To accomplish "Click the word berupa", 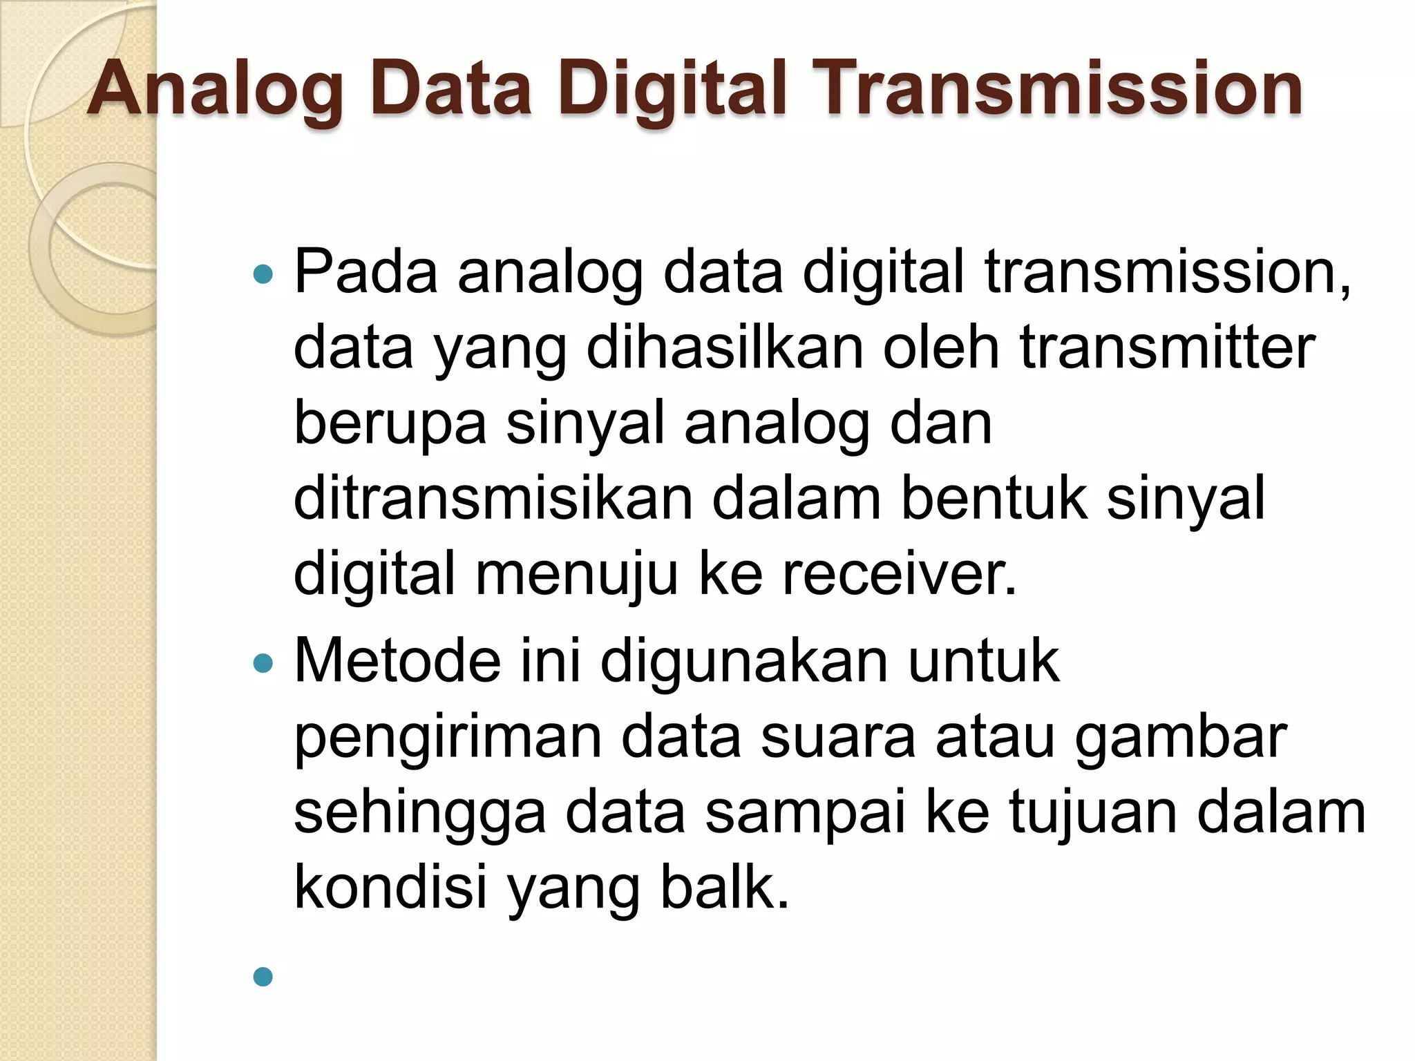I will pos(390,424).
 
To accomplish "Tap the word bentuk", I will pos(994,498).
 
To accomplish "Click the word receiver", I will pos(899,574).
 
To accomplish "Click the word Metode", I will pos(397,661).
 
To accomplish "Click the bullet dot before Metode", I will pos(263,664).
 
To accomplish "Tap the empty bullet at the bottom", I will pos(263,976).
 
